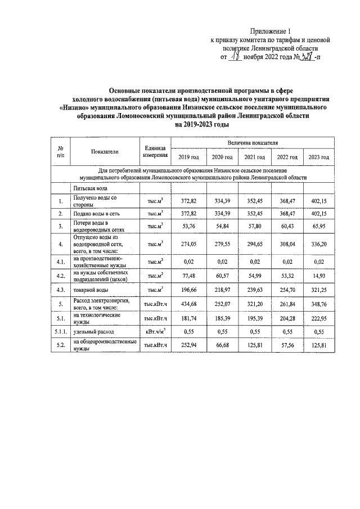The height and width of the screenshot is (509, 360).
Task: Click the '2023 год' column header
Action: [x=318, y=157]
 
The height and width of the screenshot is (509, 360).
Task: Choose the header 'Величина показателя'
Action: [x=253, y=144]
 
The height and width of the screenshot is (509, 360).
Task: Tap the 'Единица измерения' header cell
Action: [x=155, y=151]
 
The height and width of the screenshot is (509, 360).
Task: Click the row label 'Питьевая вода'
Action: [x=89, y=188]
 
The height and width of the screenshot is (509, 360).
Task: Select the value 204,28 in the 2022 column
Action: [x=286, y=320]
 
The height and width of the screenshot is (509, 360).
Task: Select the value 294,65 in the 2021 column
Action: [x=254, y=244]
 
